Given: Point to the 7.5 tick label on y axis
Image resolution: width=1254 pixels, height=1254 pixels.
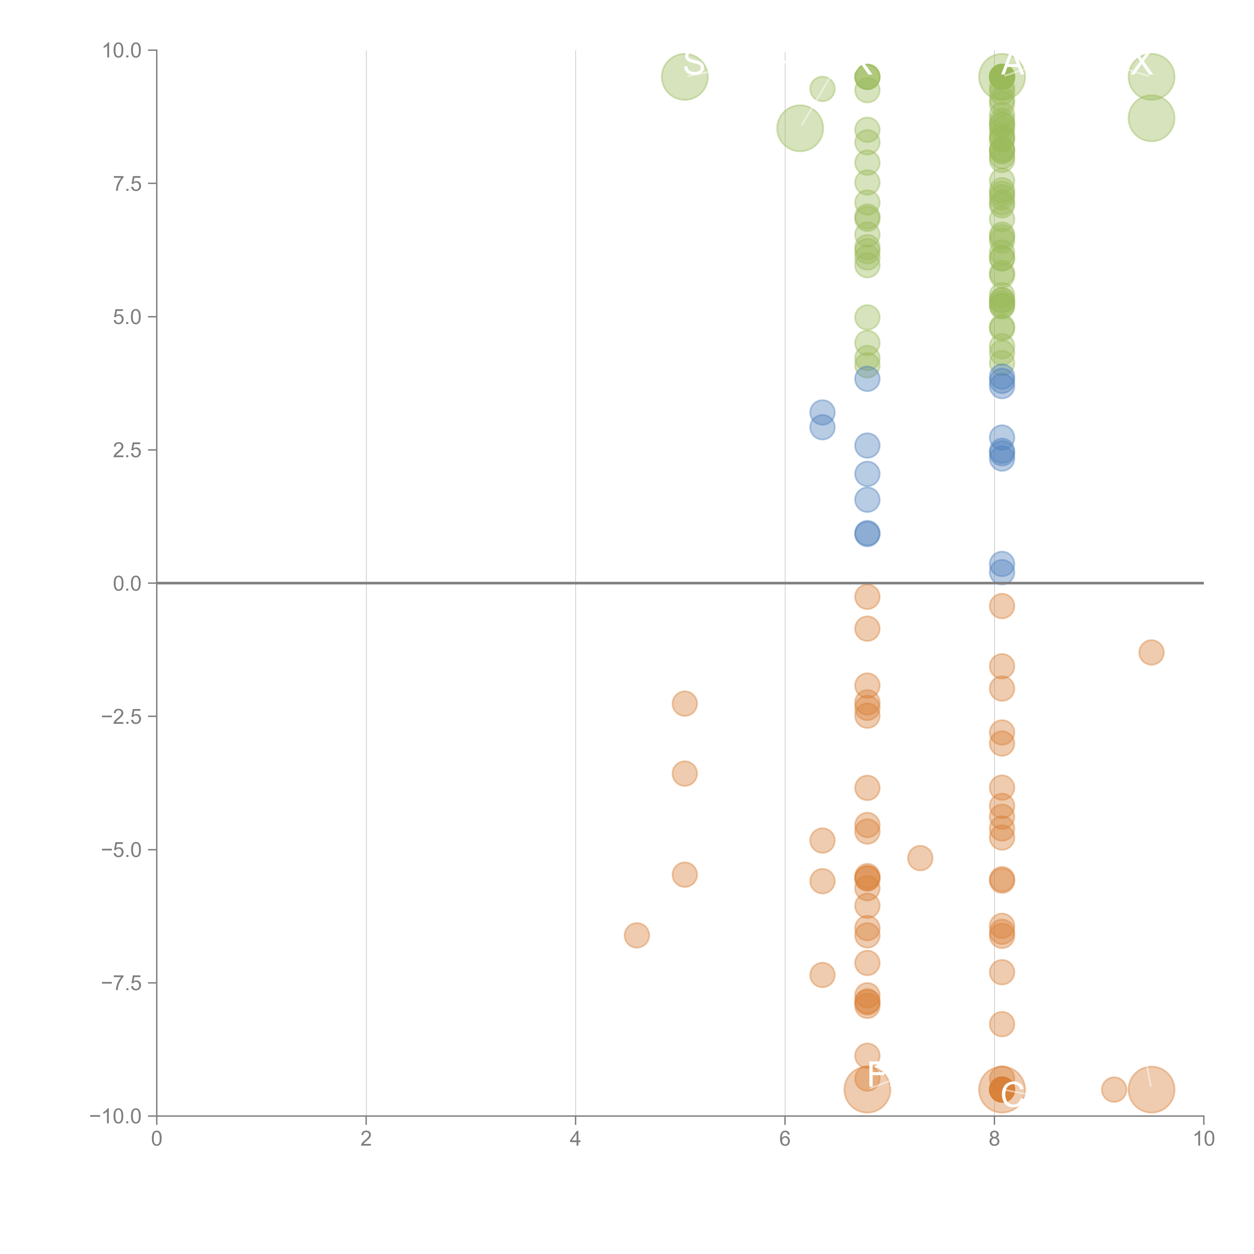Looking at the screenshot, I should pyautogui.click(x=127, y=184).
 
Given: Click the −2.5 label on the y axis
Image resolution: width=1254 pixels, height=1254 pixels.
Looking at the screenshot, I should pyautogui.click(x=121, y=717).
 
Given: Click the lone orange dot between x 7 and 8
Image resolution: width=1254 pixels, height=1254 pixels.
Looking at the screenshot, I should pyautogui.click(x=920, y=858).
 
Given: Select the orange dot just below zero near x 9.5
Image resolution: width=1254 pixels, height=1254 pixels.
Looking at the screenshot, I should pyautogui.click(x=1151, y=652).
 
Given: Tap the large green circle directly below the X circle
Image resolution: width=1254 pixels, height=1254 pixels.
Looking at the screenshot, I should pyautogui.click(x=1151, y=118).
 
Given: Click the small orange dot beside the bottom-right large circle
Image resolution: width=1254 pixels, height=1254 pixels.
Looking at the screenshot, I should pyautogui.click(x=1114, y=1089).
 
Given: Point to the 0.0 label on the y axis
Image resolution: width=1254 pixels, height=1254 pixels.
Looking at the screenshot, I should pyautogui.click(x=127, y=584).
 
